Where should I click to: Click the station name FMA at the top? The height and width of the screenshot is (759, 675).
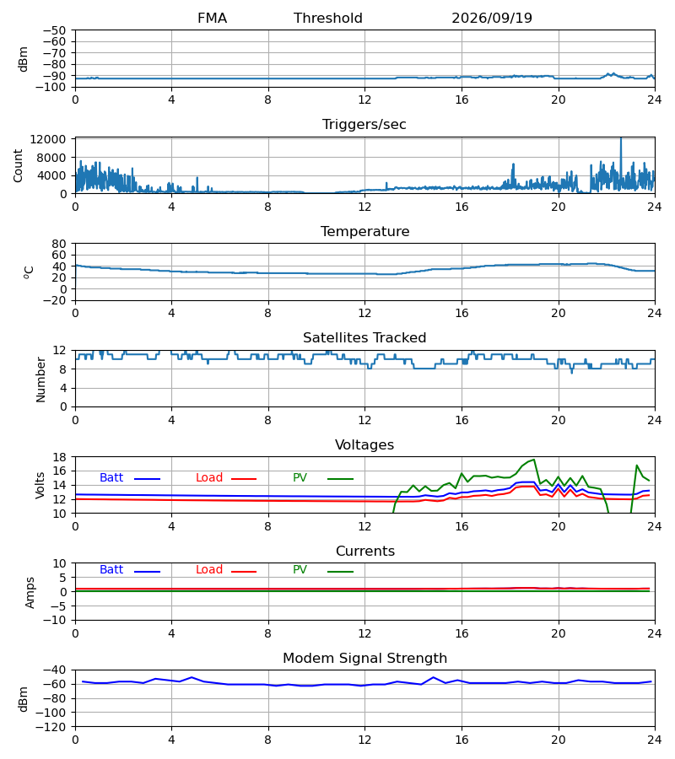coord(212,18)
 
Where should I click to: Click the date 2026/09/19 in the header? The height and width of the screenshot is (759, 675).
coord(492,18)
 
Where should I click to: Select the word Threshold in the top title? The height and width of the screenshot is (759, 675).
coord(328,18)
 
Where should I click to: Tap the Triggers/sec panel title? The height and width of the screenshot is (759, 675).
coord(364,125)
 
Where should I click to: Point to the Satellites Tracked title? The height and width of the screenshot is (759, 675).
coord(364,337)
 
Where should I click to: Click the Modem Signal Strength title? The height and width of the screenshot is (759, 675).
coord(364,658)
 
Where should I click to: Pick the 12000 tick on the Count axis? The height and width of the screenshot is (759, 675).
coord(48,139)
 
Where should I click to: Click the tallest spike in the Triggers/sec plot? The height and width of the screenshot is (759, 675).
coord(621,139)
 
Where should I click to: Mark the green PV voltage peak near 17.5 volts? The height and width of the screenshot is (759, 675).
coord(533,460)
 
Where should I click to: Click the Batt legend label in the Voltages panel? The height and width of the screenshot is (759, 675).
coord(111,477)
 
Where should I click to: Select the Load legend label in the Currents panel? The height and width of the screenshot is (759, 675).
coord(209,569)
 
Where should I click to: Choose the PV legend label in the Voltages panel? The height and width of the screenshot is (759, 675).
coord(300,477)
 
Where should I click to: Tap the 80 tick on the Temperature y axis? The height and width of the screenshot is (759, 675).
coord(59,244)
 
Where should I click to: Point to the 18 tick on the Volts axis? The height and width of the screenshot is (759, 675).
coord(59,457)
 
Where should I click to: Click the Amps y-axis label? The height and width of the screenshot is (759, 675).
coord(30,592)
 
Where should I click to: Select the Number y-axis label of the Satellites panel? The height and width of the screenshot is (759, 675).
coord(40,379)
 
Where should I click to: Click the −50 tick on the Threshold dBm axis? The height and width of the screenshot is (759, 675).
coord(54,30)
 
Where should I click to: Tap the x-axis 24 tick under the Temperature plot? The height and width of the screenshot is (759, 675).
coord(655,313)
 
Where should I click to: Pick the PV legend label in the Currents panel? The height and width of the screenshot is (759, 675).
coord(300,569)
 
